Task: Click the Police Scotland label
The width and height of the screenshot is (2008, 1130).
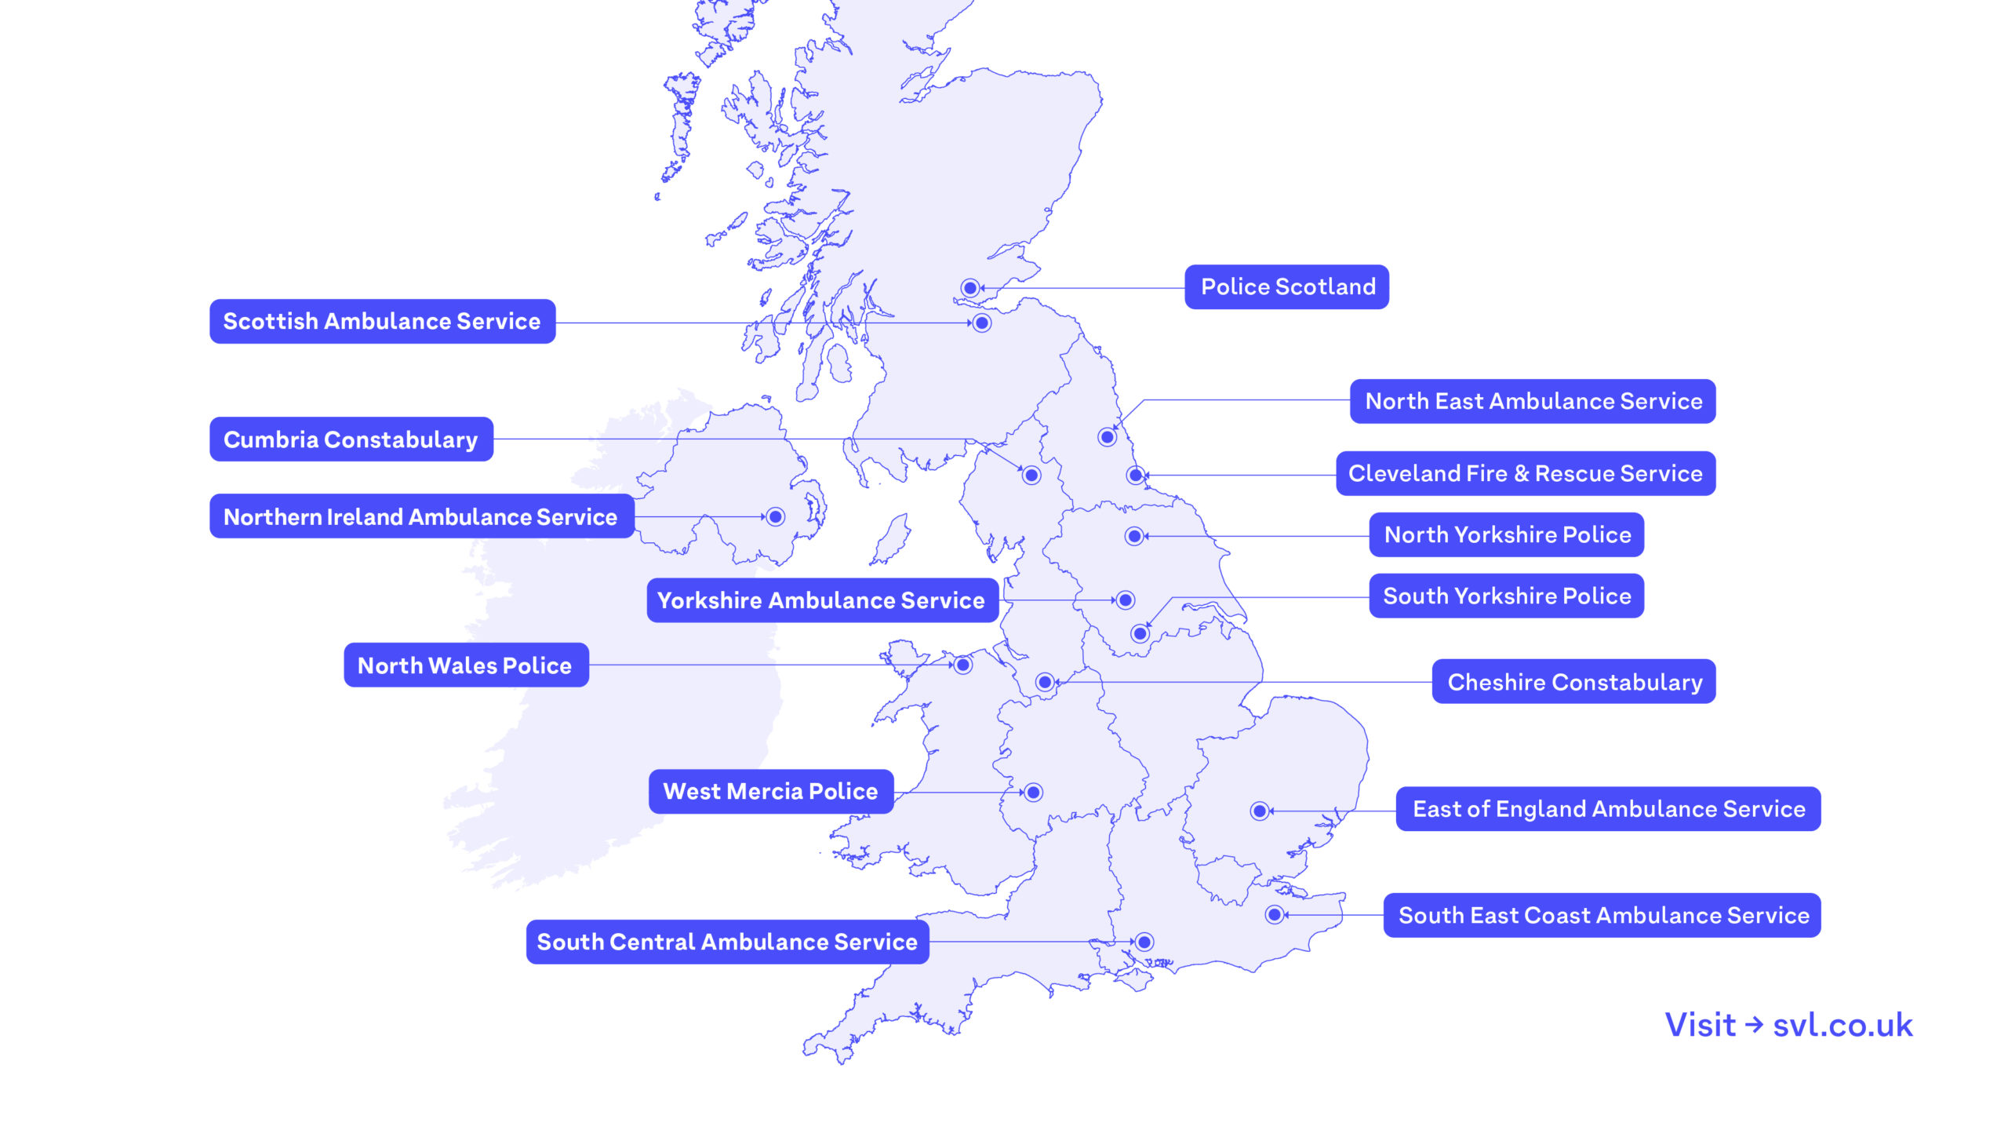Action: [1286, 287]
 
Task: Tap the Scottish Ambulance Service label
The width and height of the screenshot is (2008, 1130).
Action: [382, 322]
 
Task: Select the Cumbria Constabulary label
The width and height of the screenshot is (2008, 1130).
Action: [351, 439]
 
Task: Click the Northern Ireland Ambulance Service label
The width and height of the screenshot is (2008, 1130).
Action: [421, 516]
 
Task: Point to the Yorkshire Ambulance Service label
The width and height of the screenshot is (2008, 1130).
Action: [821, 600]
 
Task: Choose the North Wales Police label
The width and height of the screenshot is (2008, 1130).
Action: [465, 665]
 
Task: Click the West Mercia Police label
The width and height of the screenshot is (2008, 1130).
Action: [770, 791]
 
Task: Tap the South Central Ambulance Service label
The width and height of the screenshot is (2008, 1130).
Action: [727, 942]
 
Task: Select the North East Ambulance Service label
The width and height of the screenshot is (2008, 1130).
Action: [1533, 402]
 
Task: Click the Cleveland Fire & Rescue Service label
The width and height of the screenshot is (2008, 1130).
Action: [1526, 473]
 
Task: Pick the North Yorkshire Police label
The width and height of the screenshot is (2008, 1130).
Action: [1507, 535]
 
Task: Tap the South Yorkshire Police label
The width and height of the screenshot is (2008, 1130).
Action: [1507, 596]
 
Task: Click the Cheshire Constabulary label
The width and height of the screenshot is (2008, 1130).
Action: [1574, 682]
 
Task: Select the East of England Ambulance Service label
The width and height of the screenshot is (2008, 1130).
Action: [1608, 809]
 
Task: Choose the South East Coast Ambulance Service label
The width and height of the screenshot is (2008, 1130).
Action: [1602, 915]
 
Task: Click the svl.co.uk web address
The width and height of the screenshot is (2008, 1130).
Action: [1842, 1025]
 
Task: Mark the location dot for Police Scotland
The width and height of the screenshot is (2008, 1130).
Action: [970, 288]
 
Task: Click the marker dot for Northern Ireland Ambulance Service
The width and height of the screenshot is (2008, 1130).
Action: [776, 516]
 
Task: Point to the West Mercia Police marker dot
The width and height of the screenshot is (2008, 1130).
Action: [1034, 793]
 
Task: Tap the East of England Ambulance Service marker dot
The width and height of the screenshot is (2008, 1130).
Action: [1260, 811]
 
